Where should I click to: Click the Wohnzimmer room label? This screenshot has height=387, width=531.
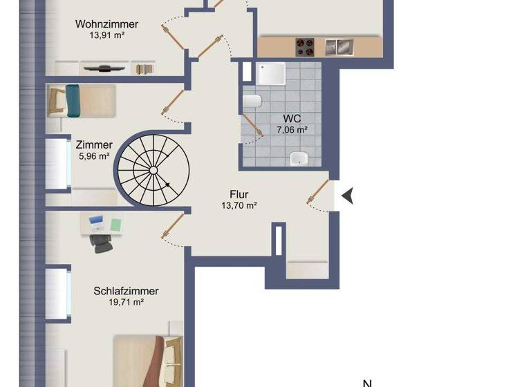coord(106,24)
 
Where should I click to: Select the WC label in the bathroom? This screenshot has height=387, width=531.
coord(292,118)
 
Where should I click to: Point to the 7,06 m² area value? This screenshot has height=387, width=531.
coord(291,129)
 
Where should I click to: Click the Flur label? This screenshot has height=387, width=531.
coord(239,194)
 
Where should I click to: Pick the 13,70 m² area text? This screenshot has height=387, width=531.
coord(239,205)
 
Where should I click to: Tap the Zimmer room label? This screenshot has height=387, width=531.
coord(95,145)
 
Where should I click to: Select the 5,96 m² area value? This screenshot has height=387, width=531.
coord(95,156)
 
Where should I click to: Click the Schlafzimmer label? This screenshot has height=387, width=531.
coord(125,291)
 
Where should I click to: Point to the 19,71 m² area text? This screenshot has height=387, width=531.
coord(125,302)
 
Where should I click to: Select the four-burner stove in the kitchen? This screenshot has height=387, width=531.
coord(305,47)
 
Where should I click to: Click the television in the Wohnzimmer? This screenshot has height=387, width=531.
coord(103,68)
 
